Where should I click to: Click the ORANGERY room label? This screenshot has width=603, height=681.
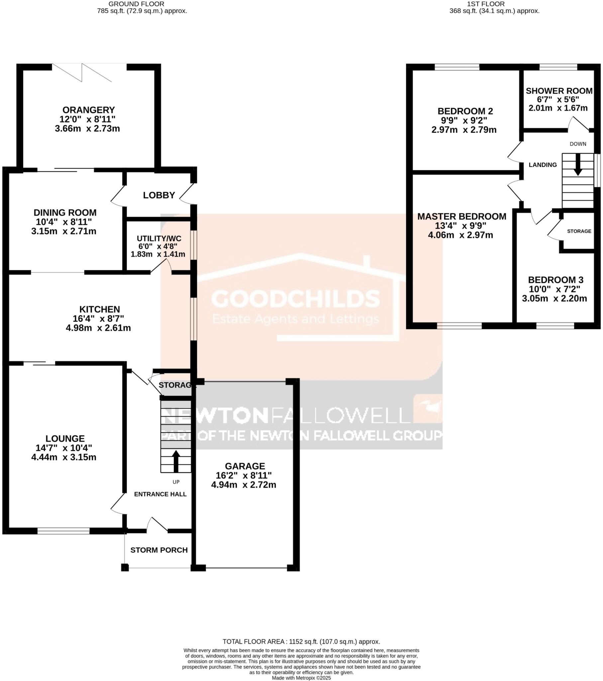(x=89, y=110)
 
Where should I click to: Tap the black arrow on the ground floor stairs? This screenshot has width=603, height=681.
(x=176, y=461)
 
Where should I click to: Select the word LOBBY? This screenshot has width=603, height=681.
(x=159, y=195)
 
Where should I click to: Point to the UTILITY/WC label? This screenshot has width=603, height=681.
(x=159, y=238)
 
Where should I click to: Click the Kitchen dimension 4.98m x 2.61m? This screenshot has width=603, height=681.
(x=98, y=328)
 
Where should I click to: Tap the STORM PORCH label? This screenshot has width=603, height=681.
(x=159, y=550)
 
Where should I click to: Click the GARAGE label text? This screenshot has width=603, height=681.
(x=245, y=466)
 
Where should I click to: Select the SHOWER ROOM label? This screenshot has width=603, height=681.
(x=559, y=91)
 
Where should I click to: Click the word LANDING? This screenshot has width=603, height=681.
(x=543, y=165)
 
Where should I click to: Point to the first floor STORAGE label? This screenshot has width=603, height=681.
(x=579, y=231)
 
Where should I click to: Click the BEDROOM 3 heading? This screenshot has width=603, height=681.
(x=555, y=280)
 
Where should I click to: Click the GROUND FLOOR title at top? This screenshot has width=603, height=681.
(x=136, y=4)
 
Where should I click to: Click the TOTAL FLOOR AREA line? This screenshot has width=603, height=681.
(x=301, y=642)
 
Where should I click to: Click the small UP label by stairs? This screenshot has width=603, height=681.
(x=176, y=482)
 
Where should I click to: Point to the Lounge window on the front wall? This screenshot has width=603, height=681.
(x=63, y=531)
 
